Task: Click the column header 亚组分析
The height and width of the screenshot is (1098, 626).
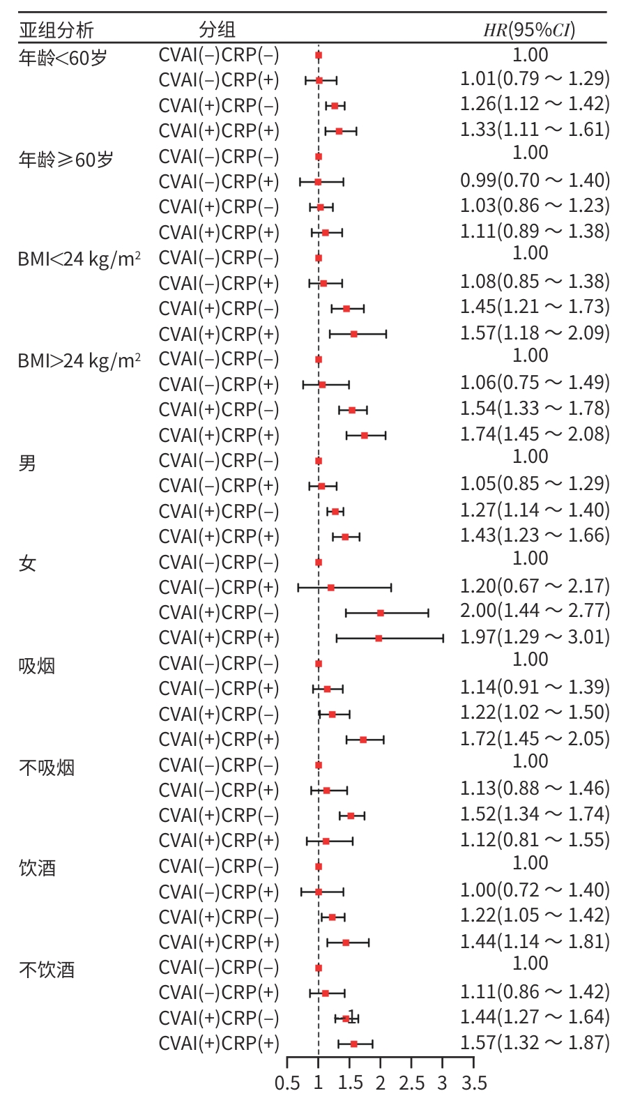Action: [56, 30]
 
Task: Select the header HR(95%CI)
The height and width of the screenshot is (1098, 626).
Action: [530, 30]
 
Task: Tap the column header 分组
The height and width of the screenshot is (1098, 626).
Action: [217, 30]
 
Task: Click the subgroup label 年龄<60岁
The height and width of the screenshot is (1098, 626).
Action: [63, 58]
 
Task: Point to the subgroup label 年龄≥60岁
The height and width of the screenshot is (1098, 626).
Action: [66, 160]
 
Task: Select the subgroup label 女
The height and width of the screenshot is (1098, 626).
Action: [27, 563]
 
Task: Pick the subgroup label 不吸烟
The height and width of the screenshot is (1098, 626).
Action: [47, 768]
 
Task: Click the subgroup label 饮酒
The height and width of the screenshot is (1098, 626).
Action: [37, 868]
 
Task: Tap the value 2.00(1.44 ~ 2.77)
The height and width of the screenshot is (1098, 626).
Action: [535, 611]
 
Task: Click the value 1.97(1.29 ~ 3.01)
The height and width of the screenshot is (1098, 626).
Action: [535, 636]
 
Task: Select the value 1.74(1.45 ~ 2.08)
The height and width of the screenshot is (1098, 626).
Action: [535, 434]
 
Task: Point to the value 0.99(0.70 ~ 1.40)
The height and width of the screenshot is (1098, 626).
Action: [535, 181]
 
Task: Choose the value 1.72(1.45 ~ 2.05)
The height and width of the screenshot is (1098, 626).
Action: [535, 738]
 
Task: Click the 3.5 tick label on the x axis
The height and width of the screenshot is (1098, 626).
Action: [474, 1083]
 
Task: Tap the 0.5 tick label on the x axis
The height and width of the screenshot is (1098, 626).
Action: [287, 1083]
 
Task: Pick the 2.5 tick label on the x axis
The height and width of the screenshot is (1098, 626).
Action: [411, 1083]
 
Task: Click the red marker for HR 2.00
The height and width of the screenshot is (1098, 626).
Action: [381, 613]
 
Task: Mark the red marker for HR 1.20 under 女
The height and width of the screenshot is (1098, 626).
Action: [330, 588]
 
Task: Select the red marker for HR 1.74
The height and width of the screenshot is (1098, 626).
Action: [364, 436]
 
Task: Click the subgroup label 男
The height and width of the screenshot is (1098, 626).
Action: [27, 462]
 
